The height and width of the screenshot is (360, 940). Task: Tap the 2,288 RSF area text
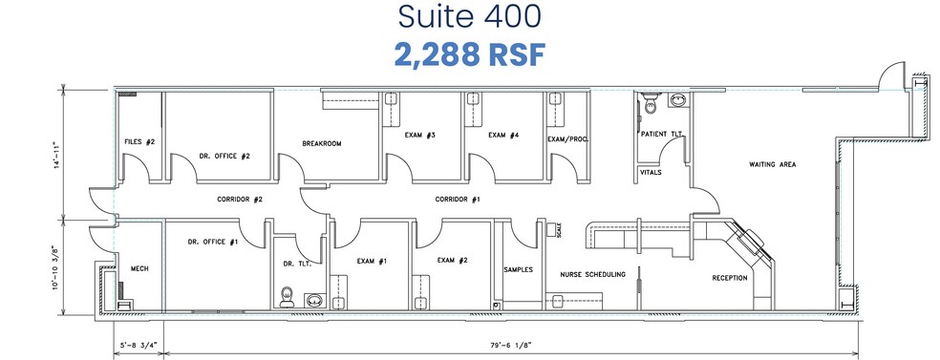click(x=469, y=53)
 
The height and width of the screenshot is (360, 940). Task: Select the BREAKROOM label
click(x=322, y=143)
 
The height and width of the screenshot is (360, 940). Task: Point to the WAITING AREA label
click(x=773, y=164)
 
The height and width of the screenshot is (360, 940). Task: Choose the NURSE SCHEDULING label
click(x=592, y=274)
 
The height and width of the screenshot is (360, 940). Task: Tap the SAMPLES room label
click(x=517, y=269)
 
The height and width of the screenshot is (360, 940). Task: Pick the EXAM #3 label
click(x=421, y=136)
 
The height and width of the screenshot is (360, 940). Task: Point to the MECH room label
click(x=139, y=268)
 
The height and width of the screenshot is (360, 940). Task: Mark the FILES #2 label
click(x=139, y=141)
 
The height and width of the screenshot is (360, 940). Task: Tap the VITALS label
click(x=651, y=172)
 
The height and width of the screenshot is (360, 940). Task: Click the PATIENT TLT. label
click(x=660, y=134)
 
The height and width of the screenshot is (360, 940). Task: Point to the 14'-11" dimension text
click(x=58, y=155)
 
